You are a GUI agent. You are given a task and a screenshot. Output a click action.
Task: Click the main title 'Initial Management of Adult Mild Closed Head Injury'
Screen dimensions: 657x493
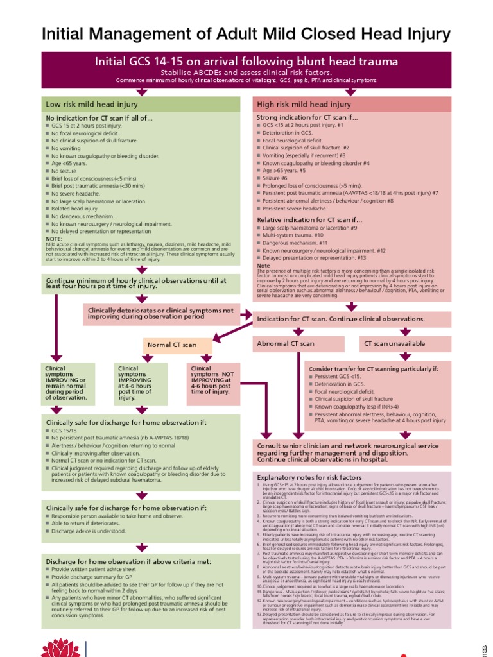pyautogui.click(x=246, y=34)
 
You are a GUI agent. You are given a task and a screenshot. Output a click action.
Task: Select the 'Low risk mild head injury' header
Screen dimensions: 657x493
pyautogui.click(x=91, y=104)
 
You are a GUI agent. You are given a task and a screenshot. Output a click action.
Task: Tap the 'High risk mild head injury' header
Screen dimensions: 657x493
pyautogui.click(x=303, y=104)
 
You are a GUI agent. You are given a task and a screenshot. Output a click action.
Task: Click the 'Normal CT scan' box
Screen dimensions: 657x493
pyautogui.click(x=172, y=345)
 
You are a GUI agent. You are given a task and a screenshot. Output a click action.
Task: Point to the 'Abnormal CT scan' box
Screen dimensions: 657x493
pyautogui.click(x=285, y=344)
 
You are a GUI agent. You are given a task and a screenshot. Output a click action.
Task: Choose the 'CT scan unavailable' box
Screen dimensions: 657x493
pyautogui.click(x=394, y=344)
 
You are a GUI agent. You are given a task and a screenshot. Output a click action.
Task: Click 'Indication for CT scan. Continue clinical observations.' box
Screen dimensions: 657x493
pyautogui.click(x=341, y=319)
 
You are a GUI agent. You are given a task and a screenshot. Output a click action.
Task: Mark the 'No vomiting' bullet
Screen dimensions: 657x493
pyautogui.click(x=65, y=148)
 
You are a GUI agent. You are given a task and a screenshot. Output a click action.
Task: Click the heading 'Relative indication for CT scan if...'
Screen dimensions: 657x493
pyautogui.click(x=306, y=219)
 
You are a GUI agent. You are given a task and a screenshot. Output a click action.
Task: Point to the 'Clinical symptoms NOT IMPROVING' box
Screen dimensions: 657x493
pyautogui.click(x=211, y=384)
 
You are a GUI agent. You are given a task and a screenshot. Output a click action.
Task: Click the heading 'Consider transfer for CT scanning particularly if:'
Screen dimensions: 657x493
pyautogui.click(x=373, y=370)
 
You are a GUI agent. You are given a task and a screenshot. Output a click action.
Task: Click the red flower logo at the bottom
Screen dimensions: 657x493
pyautogui.click(x=60, y=648)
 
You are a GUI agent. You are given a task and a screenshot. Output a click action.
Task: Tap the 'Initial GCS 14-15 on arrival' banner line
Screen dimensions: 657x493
pyautogui.click(x=246, y=62)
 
